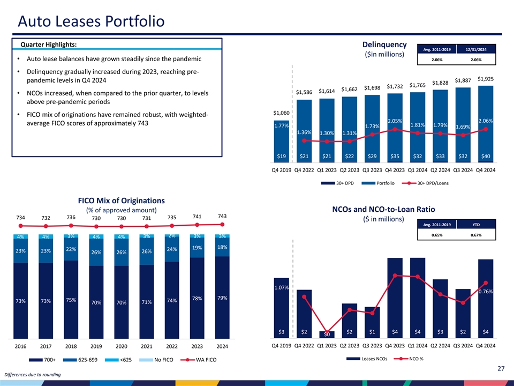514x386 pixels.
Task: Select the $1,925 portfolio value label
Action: point(486,79)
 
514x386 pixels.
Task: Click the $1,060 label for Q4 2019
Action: point(282,113)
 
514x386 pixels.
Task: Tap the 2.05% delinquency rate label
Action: point(395,121)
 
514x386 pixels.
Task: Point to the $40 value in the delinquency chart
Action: point(486,157)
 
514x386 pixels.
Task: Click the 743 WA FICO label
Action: point(222,216)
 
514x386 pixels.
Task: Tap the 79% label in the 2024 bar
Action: point(222,298)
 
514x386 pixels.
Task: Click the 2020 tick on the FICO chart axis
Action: point(122,347)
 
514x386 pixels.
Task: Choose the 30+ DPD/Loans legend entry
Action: point(429,183)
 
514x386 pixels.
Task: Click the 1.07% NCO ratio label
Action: point(281,288)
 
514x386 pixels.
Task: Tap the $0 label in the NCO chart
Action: point(327,336)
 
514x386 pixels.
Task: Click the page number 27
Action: point(501,368)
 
